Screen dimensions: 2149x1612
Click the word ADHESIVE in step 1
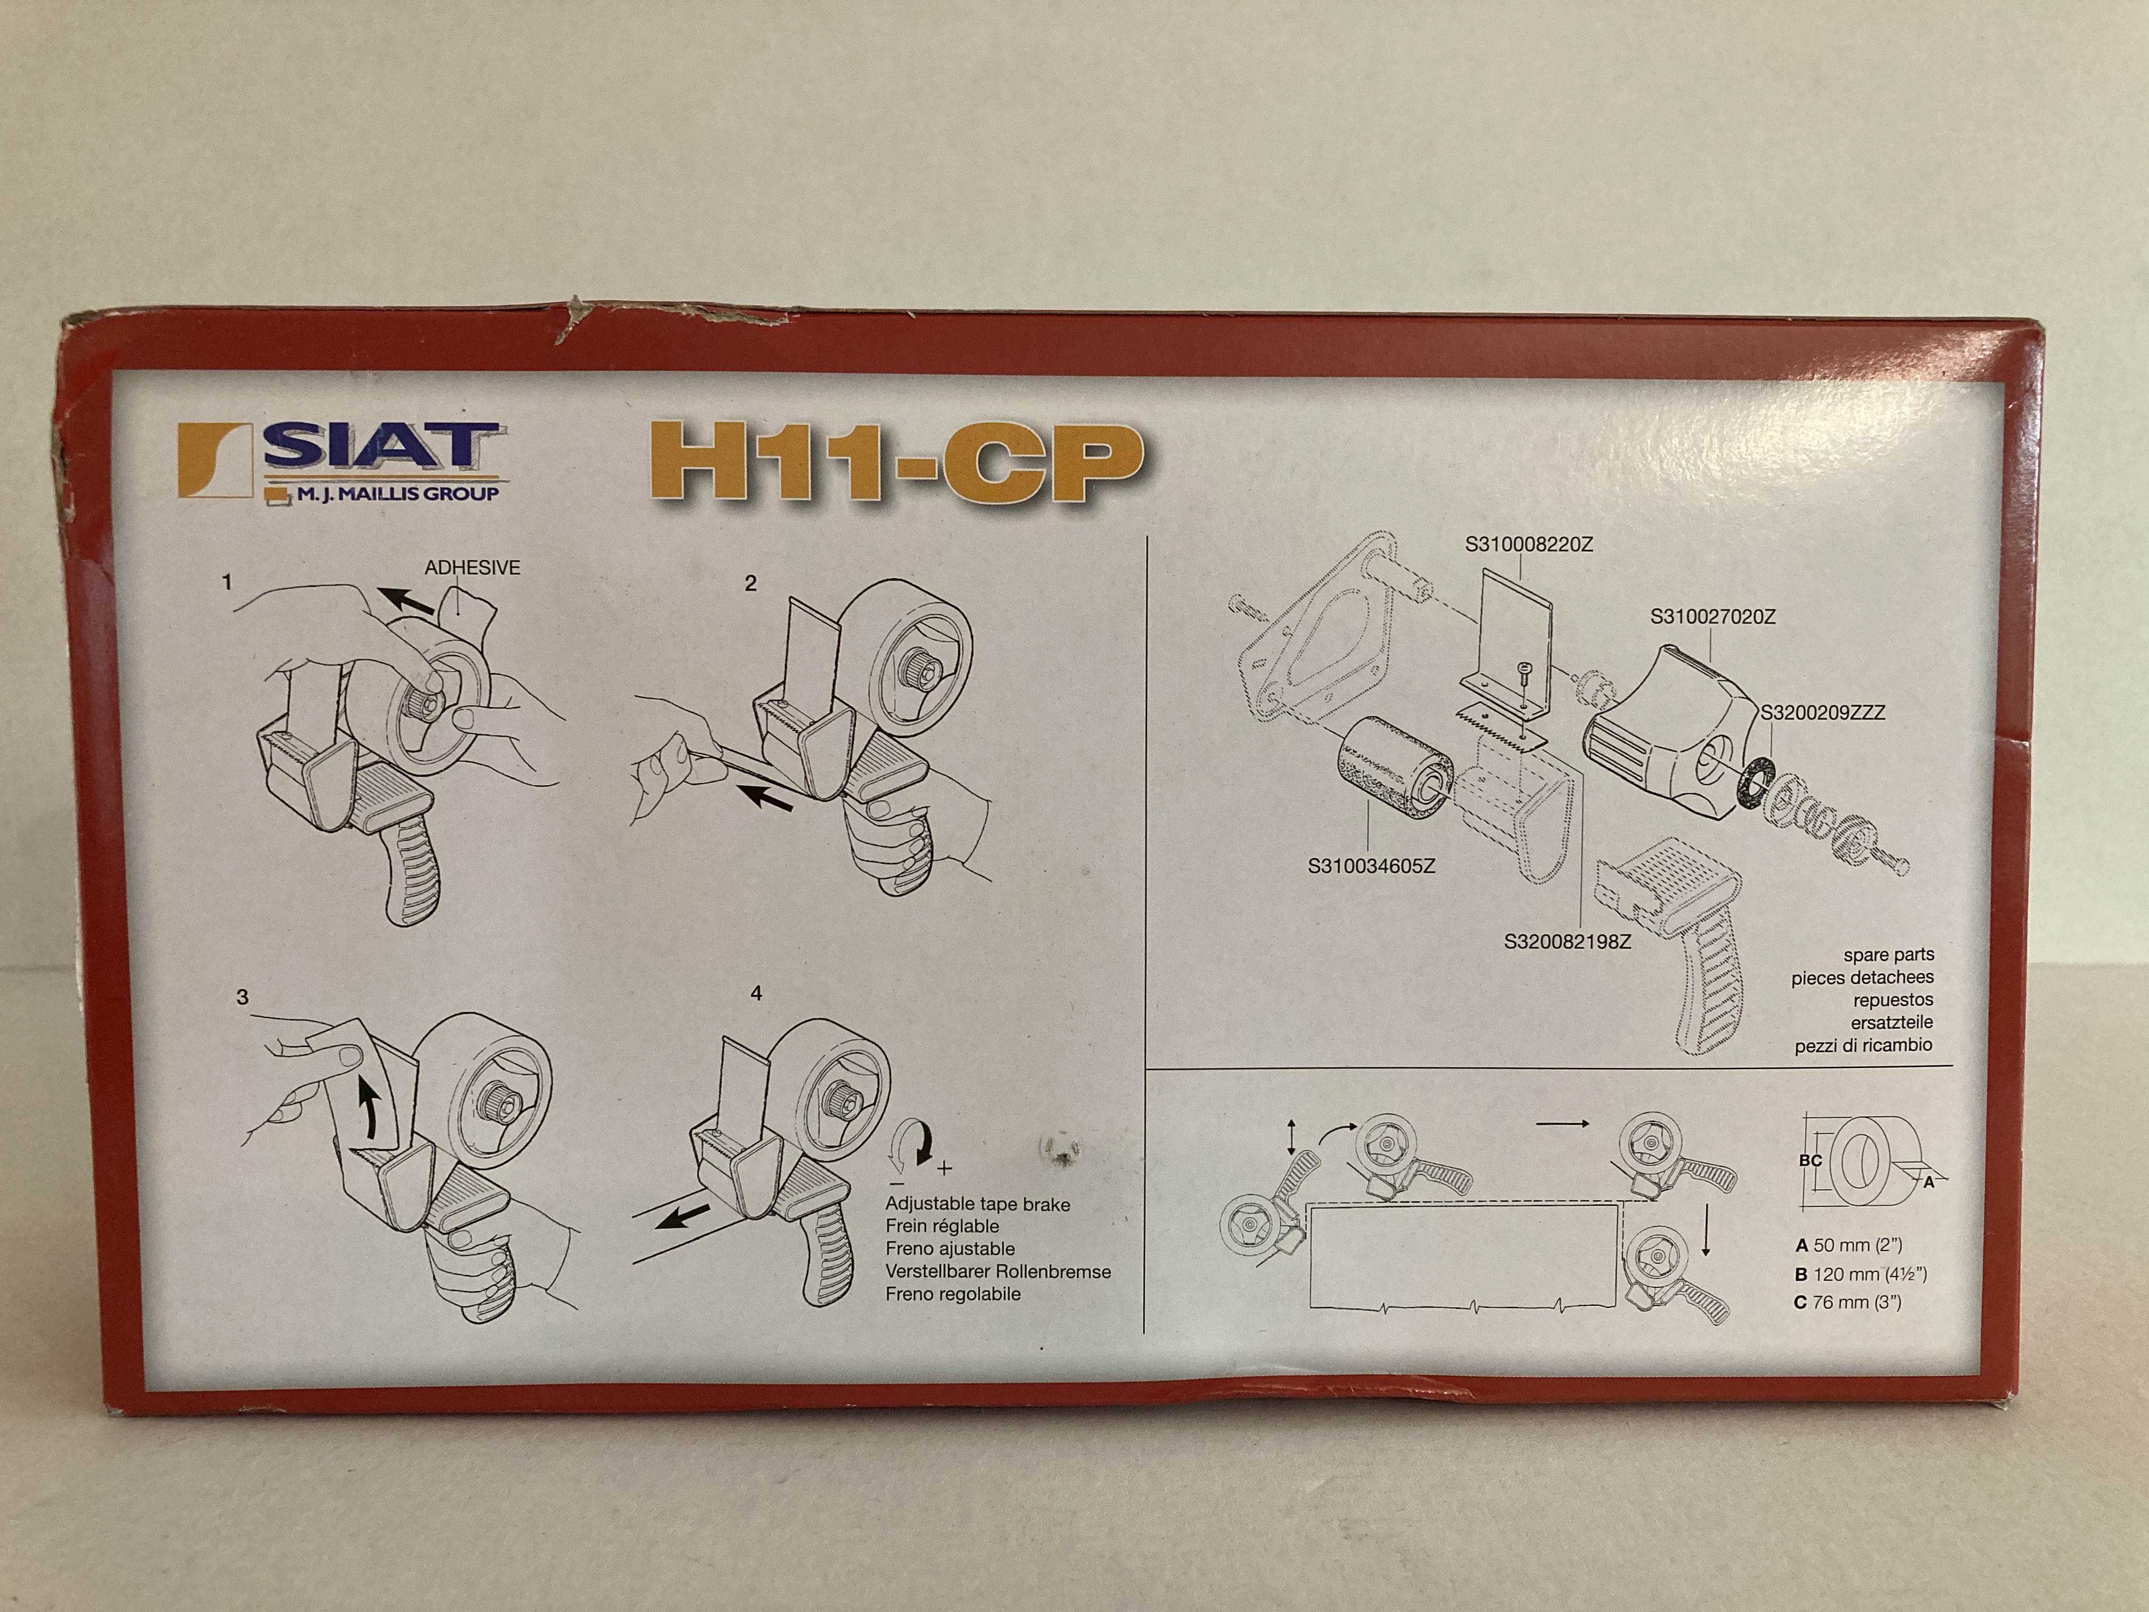pos(472,568)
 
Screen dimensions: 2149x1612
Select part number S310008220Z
pos(1529,545)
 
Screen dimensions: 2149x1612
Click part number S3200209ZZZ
pos(1823,712)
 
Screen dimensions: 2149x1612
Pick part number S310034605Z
pos(1371,866)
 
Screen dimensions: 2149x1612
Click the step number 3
pos(242,997)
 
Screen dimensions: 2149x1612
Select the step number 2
pos(750,583)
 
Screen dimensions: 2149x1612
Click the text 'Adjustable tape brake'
pos(977,1204)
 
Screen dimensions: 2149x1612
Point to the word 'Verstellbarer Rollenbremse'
pos(998,1271)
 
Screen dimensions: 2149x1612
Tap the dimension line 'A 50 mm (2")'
pos(1848,1245)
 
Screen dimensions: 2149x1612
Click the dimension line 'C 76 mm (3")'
pos(1848,1302)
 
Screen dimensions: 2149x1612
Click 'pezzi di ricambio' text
pos(1863,1045)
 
